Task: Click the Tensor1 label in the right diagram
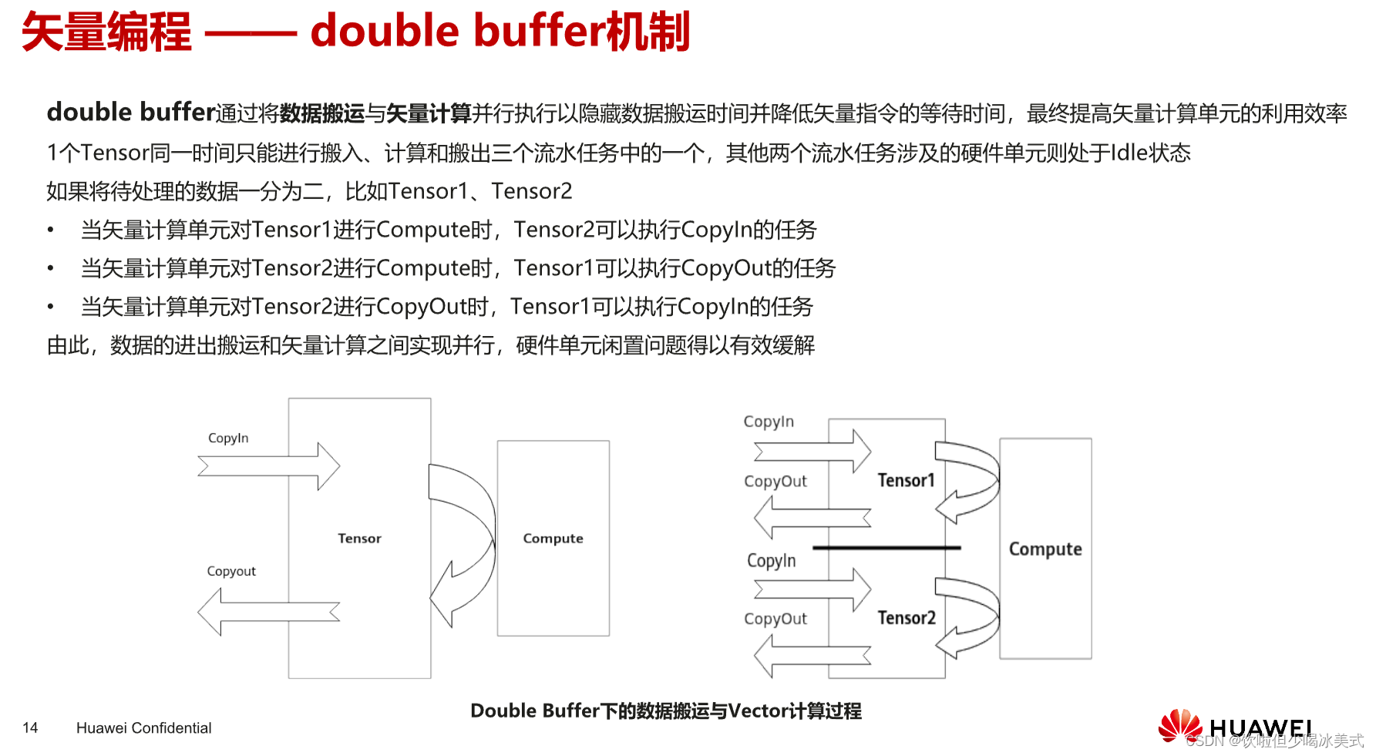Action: point(906,480)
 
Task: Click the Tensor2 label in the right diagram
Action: point(907,618)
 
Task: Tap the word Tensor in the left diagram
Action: point(359,539)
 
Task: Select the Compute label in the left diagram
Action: point(553,539)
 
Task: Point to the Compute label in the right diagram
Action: point(1045,549)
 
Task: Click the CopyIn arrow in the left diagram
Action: point(270,466)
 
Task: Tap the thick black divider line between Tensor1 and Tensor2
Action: point(886,548)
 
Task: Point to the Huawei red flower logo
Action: point(1179,726)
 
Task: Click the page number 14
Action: point(30,727)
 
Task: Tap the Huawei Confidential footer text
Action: point(143,727)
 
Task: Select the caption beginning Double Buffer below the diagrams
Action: point(666,711)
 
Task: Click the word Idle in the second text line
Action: point(1129,153)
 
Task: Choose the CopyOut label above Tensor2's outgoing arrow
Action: point(775,619)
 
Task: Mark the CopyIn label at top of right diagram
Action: point(769,422)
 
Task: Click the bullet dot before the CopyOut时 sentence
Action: point(50,307)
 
